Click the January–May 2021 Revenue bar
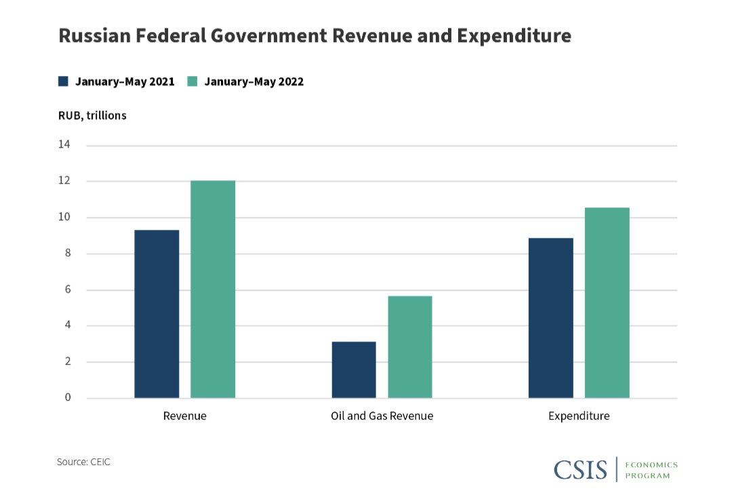tap(157, 314)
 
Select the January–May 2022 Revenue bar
tap(213, 290)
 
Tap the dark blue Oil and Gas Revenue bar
tap(354, 370)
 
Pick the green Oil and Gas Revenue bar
tap(409, 347)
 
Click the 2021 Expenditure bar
tap(550, 318)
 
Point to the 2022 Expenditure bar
tap(607, 303)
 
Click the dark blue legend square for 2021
tap(64, 81)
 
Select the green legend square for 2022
tap(192, 81)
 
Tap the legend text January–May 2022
tap(254, 81)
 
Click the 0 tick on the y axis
tap(68, 397)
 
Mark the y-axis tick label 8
tap(68, 254)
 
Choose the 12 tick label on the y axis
tap(64, 181)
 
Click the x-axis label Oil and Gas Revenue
tap(382, 416)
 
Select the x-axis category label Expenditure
tap(579, 416)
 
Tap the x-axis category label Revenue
tap(184, 416)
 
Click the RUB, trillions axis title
tap(92, 115)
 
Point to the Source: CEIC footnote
tap(83, 462)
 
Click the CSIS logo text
tap(580, 469)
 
